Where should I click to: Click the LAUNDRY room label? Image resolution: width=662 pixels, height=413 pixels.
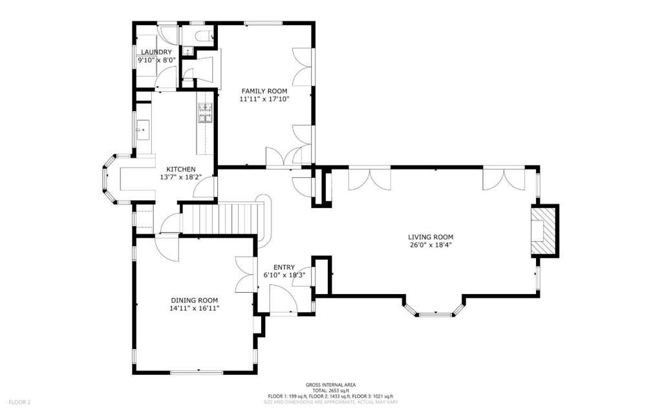click(156, 52)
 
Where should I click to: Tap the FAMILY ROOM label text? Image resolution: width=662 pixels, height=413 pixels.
click(264, 90)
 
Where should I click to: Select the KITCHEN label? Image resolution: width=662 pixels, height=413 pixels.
click(181, 169)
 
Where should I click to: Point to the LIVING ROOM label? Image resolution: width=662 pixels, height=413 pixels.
click(431, 237)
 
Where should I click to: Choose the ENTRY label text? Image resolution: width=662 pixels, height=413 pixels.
click(284, 268)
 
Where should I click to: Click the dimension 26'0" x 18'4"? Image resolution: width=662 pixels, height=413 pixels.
click(431, 245)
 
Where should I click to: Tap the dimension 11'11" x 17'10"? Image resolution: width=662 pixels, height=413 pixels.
click(264, 100)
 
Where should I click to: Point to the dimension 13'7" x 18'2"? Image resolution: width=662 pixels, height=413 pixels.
click(181, 177)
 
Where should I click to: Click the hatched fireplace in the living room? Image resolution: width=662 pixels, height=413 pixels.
click(543, 231)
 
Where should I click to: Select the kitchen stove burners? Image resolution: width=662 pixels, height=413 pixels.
click(205, 112)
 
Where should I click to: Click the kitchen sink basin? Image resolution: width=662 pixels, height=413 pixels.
click(143, 126)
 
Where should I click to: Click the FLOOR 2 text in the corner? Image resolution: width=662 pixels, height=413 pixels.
click(20, 403)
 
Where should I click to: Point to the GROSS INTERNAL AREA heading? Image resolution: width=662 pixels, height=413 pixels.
click(330, 385)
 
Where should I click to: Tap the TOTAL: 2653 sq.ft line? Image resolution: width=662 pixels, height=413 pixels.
click(330, 390)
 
